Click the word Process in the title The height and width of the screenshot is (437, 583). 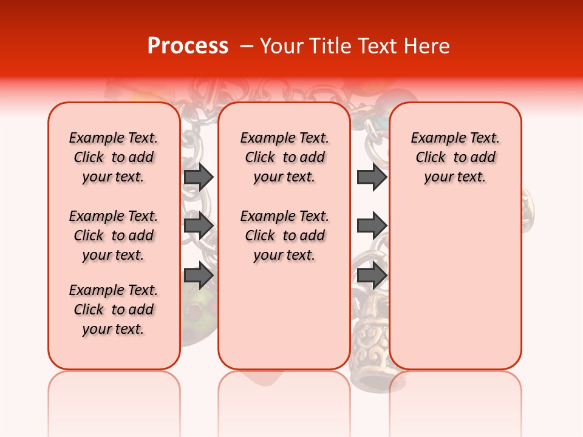pos(188,46)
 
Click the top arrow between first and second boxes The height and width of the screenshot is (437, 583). pos(199,177)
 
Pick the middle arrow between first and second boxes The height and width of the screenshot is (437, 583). pos(199,226)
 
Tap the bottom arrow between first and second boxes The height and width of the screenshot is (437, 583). pos(199,276)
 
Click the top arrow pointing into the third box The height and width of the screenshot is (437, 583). pos(372,177)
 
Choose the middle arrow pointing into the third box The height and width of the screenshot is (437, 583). pos(372,226)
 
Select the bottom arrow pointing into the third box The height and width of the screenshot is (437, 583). pos(372,276)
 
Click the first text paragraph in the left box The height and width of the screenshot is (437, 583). pos(114,157)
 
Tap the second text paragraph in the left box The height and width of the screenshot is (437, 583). pos(114,235)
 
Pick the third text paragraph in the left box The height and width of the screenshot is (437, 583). pos(114,310)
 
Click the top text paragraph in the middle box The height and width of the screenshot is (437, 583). pos(284,157)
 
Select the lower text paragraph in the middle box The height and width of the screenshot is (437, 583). pos(284,235)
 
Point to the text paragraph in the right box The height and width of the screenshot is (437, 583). pos(455,157)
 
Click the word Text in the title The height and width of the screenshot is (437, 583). pos(378,46)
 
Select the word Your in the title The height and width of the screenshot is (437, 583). pos(282,46)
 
